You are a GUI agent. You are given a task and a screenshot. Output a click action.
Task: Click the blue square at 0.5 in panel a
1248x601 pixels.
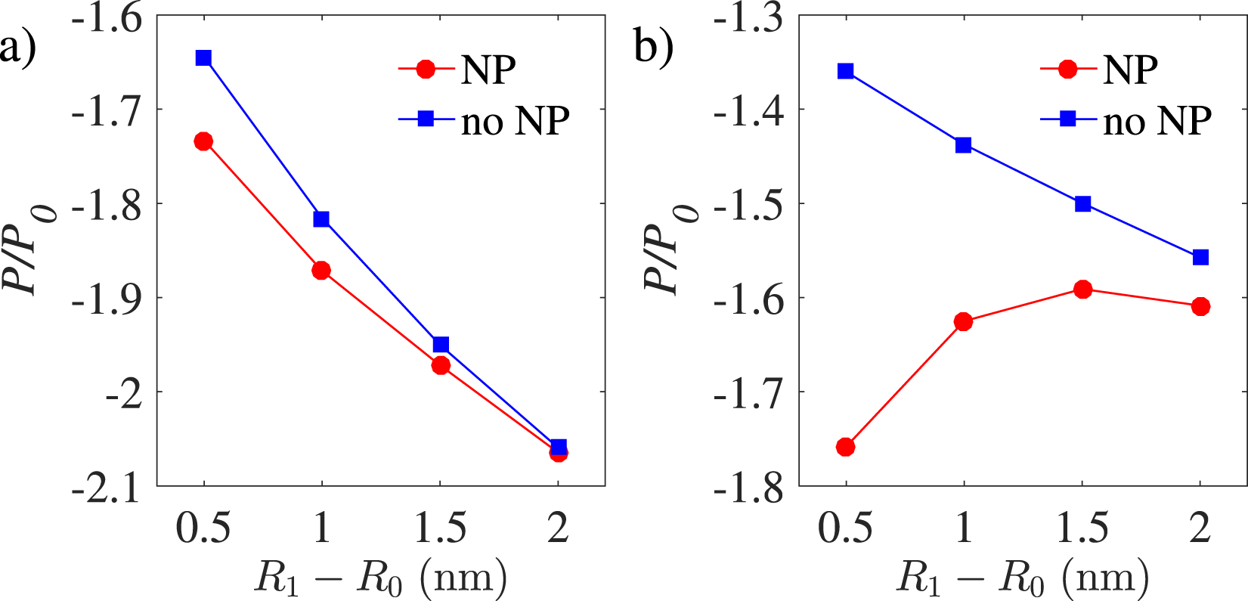click(203, 58)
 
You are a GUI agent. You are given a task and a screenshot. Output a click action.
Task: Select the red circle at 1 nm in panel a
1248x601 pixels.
click(321, 271)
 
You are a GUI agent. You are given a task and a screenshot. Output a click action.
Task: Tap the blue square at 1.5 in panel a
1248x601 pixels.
click(441, 345)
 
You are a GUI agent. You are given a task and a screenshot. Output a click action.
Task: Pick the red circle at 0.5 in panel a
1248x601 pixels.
click(203, 141)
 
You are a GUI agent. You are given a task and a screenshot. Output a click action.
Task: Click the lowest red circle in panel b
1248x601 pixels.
click(846, 448)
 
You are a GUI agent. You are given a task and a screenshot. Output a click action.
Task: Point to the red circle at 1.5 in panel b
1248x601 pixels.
click(1083, 290)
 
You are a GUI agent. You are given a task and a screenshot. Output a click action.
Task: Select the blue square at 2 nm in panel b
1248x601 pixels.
click(1200, 258)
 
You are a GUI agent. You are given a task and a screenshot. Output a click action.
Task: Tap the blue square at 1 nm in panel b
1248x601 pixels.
click(964, 145)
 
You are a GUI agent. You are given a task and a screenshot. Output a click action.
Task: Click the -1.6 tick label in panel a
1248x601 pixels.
click(107, 17)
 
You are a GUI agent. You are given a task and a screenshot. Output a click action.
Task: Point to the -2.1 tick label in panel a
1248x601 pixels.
click(107, 488)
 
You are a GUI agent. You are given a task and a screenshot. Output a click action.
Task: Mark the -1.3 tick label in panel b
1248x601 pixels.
click(749, 17)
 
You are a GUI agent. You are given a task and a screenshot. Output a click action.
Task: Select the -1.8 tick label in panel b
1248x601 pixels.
click(749, 488)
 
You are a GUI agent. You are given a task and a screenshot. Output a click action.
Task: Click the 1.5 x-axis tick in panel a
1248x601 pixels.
click(441, 528)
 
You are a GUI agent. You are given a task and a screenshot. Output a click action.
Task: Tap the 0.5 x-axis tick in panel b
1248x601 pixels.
click(846, 528)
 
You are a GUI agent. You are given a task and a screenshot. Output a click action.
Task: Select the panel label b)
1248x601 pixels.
click(655, 47)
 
